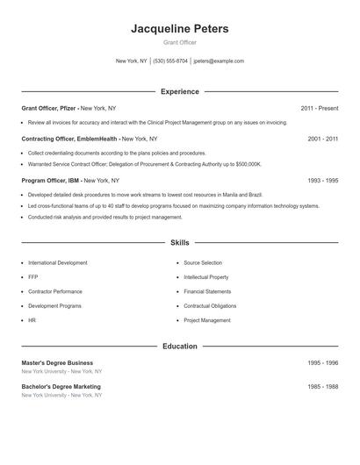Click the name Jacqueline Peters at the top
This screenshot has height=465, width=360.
180,29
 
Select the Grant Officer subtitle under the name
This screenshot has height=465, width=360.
180,43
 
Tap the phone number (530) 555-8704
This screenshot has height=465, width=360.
170,61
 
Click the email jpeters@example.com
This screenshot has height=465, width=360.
219,61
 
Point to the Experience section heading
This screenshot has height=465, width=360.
180,91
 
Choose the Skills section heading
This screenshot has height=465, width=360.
180,242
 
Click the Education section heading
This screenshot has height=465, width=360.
180,347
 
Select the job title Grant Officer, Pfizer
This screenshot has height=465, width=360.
50,108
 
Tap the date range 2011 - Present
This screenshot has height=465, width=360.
319,108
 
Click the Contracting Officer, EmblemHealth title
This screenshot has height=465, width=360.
70,139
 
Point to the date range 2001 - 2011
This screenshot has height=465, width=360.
323,139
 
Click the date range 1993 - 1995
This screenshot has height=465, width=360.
323,180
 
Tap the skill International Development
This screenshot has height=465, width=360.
58,263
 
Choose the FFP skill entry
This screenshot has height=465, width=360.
33,277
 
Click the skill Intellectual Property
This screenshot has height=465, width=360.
206,277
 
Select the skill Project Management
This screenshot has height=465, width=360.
207,320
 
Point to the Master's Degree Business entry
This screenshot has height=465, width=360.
57,362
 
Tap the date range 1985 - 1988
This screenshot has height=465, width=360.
323,386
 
